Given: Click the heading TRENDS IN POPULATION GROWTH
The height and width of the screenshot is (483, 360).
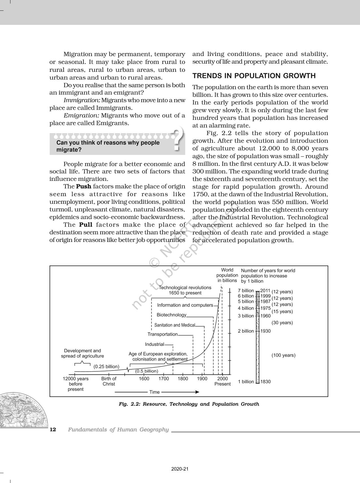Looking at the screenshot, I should coord(254,76).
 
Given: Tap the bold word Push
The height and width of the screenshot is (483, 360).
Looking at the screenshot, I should coord(84,187).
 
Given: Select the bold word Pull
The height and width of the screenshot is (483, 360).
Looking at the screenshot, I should coord(86,225).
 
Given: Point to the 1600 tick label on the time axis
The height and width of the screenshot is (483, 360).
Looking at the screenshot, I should coord(144,379).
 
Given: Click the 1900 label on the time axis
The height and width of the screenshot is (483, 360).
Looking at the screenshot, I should coord(202,379).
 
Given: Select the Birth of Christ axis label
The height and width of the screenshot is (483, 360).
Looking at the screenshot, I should coord(109,381).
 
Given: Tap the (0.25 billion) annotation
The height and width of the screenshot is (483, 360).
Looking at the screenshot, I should coord(106,367).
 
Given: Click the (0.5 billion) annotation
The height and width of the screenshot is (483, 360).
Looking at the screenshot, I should coord(147,371).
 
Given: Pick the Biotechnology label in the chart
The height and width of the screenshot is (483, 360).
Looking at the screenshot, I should coord(171,315).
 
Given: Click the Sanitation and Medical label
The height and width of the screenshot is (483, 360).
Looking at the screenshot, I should coord(174,325).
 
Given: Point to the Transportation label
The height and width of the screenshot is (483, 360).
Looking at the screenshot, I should coord(163,334).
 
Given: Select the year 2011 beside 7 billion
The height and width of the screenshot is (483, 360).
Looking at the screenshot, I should coord(265,291).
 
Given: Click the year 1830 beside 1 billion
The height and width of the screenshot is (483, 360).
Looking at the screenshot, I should coord(265,382).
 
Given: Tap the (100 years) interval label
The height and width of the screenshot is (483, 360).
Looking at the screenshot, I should coord(283,355).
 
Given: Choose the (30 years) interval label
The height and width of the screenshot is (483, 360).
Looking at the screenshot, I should coord(282,323).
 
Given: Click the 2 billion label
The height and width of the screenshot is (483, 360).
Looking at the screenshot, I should coord(246,331).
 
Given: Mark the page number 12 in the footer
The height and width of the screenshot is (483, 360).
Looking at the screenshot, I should coord(53,430).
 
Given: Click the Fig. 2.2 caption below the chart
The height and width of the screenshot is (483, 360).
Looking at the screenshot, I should coord(189,404).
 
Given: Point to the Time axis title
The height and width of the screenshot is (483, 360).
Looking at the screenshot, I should coord(154,392).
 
